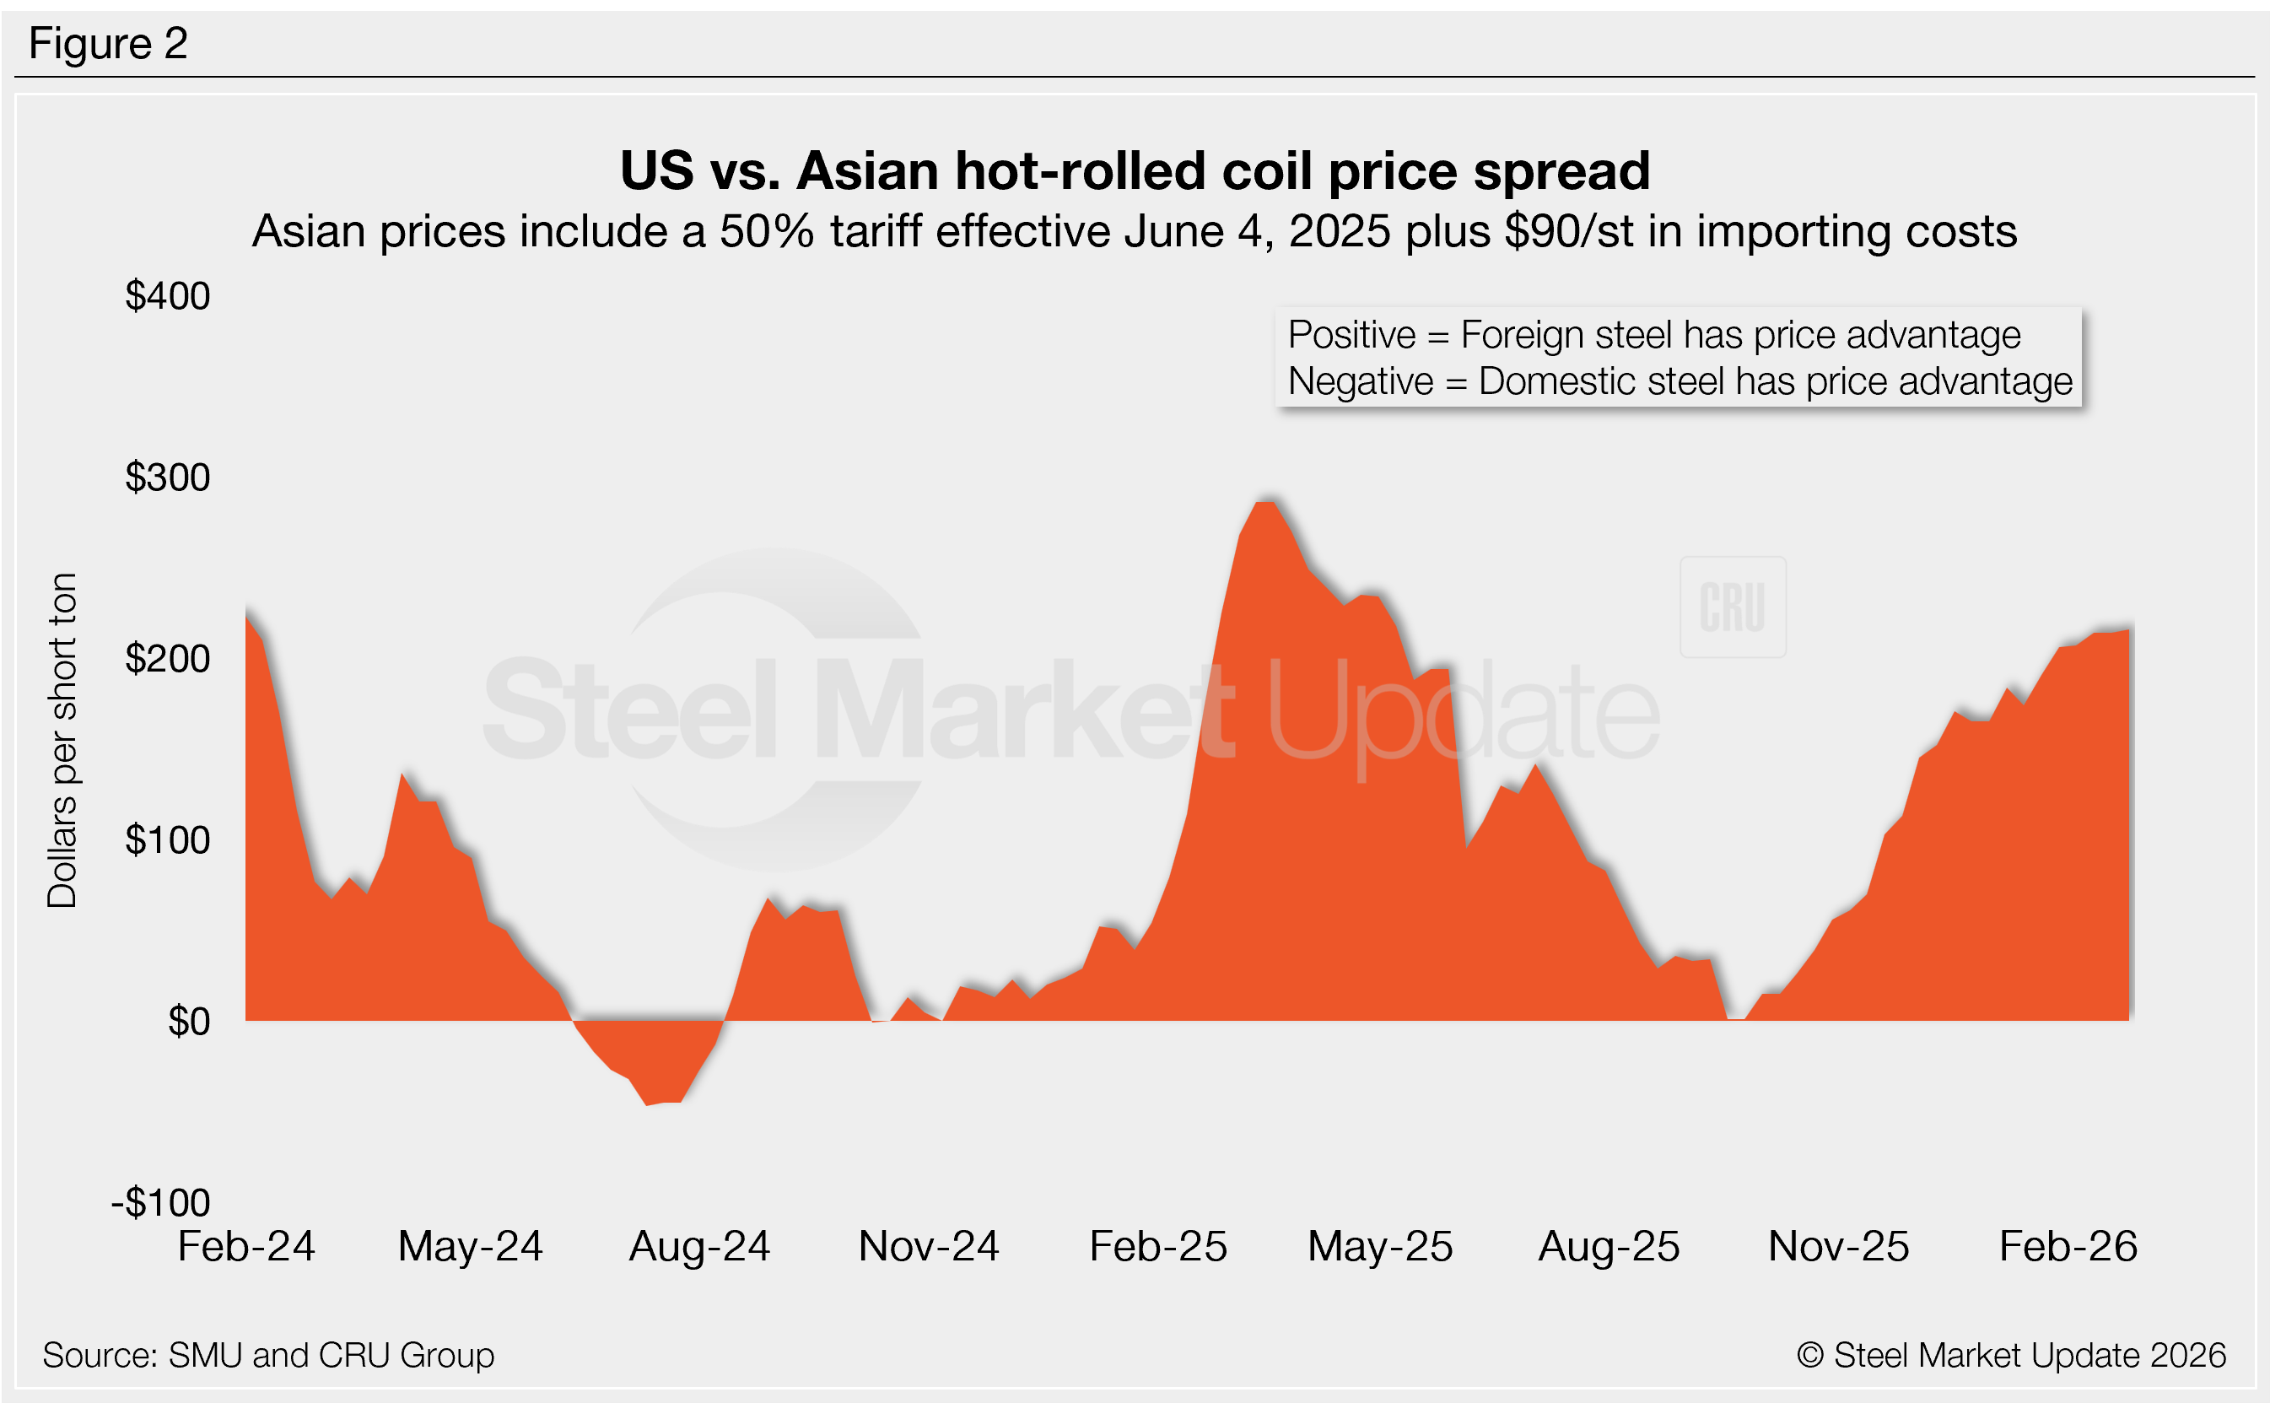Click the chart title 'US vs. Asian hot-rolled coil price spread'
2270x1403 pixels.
click(1134, 171)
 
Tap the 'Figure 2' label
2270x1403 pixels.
click(109, 44)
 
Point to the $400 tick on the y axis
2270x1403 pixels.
click(168, 296)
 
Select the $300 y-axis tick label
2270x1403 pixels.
click(168, 477)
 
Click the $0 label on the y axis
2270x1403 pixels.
click(188, 1022)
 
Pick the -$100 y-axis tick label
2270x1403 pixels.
click(160, 1202)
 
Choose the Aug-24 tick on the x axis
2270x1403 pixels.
click(699, 1246)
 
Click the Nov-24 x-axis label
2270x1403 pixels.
click(929, 1246)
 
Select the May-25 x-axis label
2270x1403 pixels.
click(1379, 1246)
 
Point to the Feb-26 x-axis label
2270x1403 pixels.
click(2068, 1246)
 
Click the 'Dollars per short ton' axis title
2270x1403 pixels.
click(62, 741)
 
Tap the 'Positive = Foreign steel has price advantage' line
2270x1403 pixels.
click(1654, 335)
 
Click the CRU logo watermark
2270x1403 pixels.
click(1732, 607)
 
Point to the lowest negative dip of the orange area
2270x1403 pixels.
click(649, 1104)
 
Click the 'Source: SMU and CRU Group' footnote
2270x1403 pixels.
click(268, 1355)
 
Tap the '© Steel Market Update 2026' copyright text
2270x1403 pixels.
click(2011, 1355)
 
